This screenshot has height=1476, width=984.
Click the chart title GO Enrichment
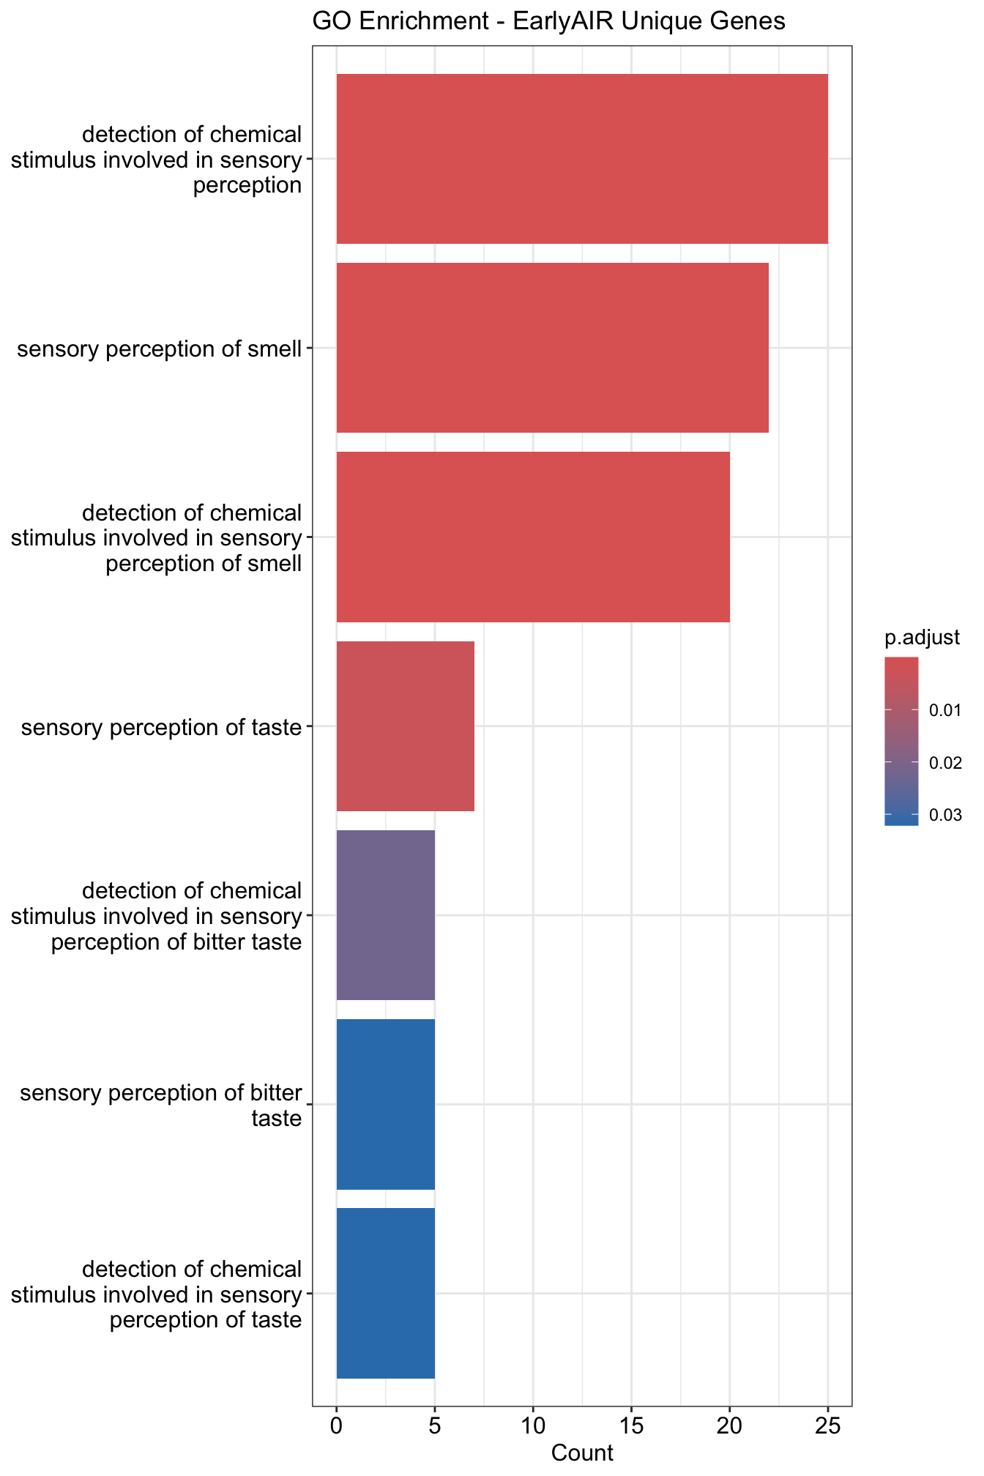pyautogui.click(x=548, y=21)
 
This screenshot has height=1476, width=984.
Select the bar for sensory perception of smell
pyautogui.click(x=552, y=348)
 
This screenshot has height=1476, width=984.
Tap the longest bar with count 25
pyautogui.click(x=582, y=159)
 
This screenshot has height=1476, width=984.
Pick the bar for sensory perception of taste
pyautogui.click(x=405, y=726)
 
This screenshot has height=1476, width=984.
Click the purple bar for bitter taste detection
pyautogui.click(x=385, y=915)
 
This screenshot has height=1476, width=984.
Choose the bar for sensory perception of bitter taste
pyautogui.click(x=385, y=1104)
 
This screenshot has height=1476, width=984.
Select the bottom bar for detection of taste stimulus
pyautogui.click(x=385, y=1293)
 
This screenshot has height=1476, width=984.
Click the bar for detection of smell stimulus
pyautogui.click(x=533, y=537)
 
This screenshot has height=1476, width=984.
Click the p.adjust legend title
pyautogui.click(x=922, y=638)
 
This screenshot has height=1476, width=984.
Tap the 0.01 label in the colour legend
pyautogui.click(x=945, y=711)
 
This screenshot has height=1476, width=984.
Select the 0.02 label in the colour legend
pyautogui.click(x=945, y=763)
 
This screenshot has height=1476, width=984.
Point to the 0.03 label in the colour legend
pyautogui.click(x=945, y=815)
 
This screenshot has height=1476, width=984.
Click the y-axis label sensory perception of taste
pyautogui.click(x=162, y=728)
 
